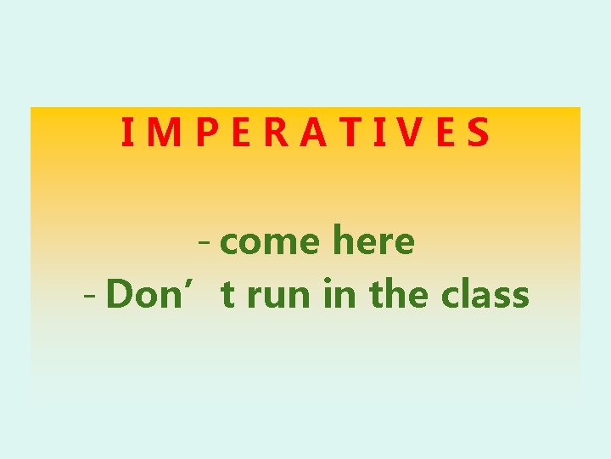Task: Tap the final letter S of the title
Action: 478,133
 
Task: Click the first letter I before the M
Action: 126,133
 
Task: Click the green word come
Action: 271,243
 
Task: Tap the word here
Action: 373,241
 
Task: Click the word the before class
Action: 400,294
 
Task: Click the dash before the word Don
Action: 92,296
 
